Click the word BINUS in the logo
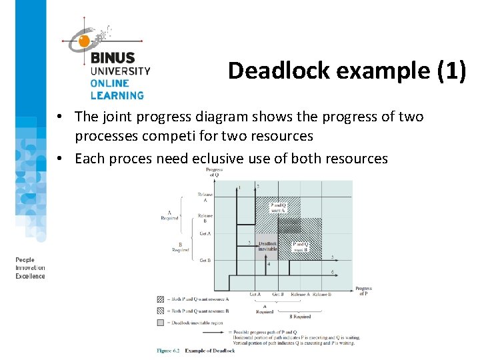[113, 59]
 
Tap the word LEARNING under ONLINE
[117, 95]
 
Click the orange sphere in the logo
[85, 41]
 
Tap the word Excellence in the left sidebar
[31, 276]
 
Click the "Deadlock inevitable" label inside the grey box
[267, 247]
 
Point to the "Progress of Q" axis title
[214, 173]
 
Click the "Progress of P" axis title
[363, 291]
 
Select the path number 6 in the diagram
[333, 273]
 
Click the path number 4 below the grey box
[269, 265]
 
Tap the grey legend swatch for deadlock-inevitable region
[160, 322]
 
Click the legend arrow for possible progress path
[213, 331]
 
